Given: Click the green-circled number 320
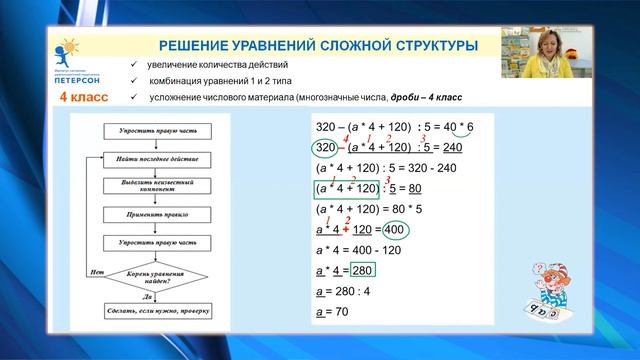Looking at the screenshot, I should (x=331, y=147).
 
